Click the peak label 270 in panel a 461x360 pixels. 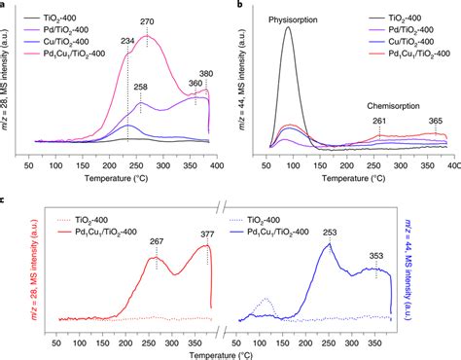pos(149,20)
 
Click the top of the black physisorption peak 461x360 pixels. pos(288,27)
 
